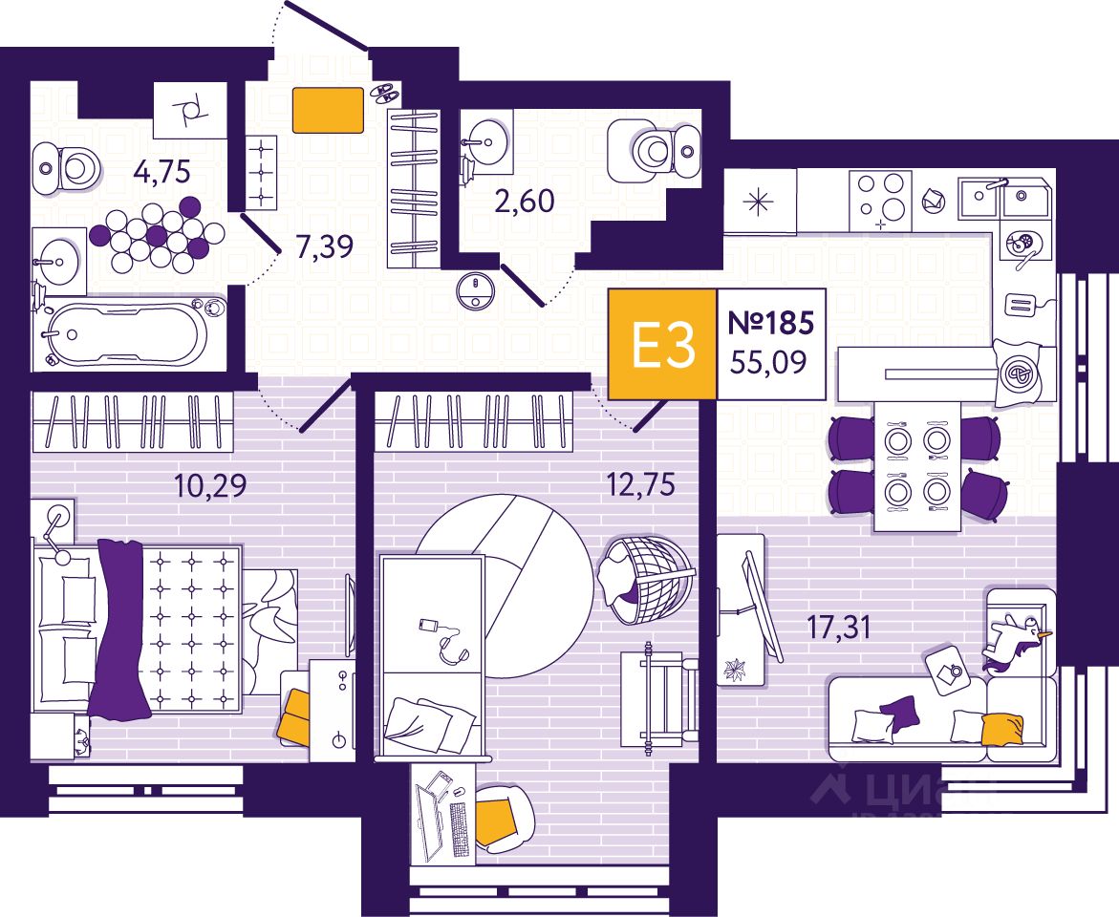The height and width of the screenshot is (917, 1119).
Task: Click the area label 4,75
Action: [x=162, y=173]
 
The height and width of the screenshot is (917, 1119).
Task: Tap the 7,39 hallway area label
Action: [x=325, y=247]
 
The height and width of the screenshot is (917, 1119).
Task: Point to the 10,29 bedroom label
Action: [x=210, y=486]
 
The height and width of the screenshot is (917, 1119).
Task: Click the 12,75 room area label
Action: [x=639, y=485]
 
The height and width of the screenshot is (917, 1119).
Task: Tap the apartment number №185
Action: [x=770, y=323]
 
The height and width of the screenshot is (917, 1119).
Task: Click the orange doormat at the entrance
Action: [x=328, y=110]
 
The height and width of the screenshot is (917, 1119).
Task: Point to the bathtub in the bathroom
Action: [x=128, y=333]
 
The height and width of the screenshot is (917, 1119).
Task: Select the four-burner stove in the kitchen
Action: [x=880, y=200]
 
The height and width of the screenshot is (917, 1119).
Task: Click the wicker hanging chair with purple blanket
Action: [x=644, y=578]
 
